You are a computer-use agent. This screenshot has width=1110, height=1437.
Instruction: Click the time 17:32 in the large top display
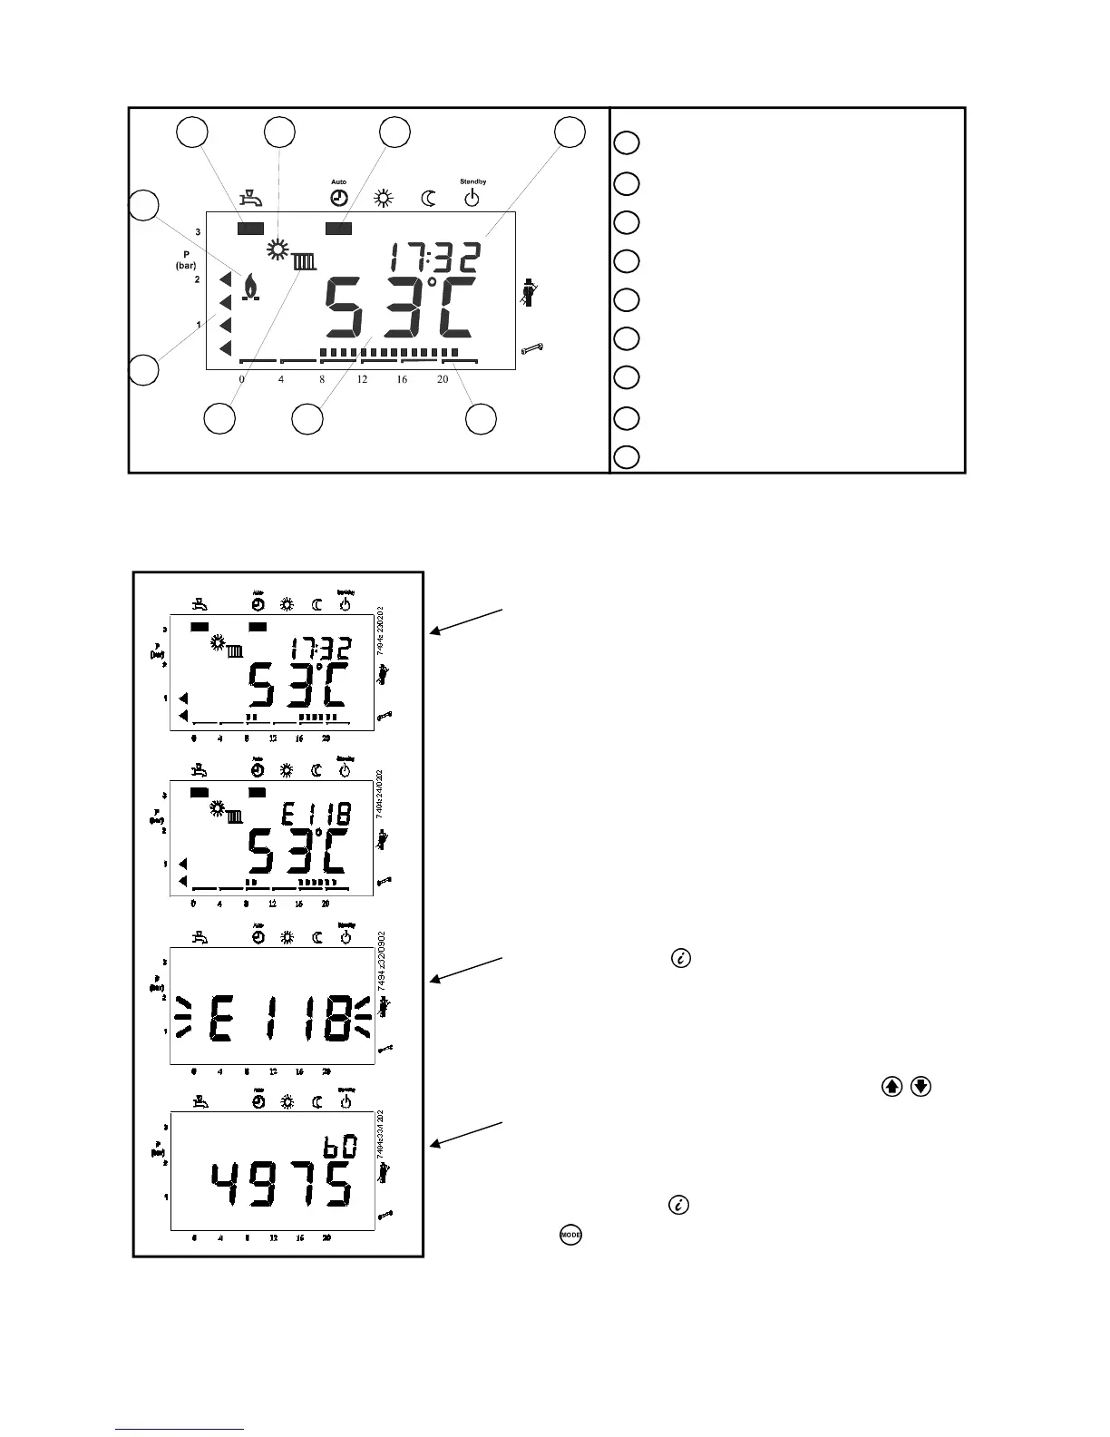[x=431, y=259]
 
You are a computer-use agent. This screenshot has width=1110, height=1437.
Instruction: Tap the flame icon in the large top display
[x=249, y=286]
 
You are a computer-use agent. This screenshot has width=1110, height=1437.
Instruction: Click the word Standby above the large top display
[x=472, y=182]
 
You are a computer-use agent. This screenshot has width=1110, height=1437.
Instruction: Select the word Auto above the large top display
[x=338, y=182]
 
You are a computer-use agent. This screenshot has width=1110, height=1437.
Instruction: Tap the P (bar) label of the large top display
[x=185, y=260]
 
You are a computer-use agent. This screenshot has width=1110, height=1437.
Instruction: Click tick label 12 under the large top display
[x=362, y=379]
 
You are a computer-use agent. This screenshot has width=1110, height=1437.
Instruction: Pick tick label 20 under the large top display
[x=443, y=379]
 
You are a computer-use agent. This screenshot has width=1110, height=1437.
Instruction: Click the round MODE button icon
[x=570, y=1235]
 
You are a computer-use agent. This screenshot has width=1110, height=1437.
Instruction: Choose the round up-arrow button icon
[x=891, y=1085]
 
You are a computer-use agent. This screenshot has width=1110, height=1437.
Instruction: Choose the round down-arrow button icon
[x=920, y=1085]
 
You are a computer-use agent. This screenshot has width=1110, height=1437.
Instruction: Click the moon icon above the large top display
[x=428, y=197]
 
